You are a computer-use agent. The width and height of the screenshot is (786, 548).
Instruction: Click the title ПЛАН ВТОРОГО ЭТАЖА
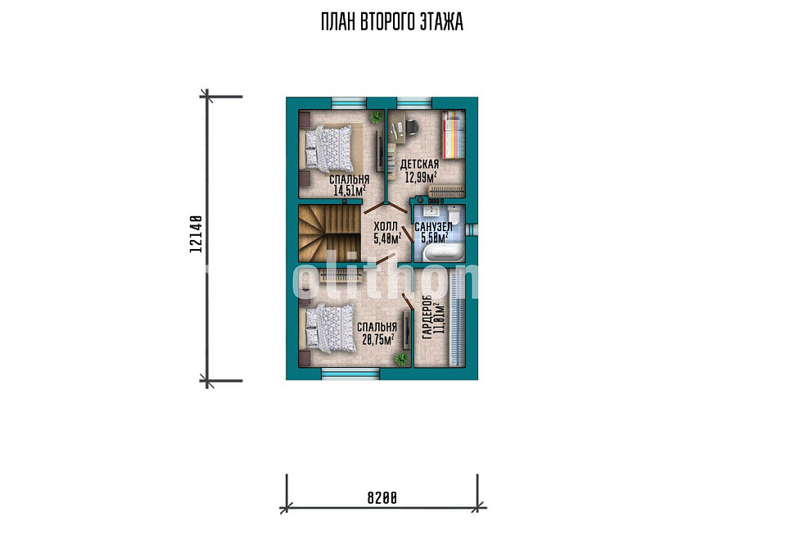tap(392, 22)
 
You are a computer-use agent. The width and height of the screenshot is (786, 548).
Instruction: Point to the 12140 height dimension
tap(196, 233)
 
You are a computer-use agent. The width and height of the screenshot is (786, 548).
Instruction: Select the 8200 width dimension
tap(382, 498)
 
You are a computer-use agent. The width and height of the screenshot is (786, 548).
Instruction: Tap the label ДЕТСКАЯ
tap(419, 165)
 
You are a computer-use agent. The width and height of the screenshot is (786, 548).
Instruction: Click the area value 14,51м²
tap(350, 190)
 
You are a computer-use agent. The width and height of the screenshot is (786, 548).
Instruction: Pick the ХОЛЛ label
tap(386, 227)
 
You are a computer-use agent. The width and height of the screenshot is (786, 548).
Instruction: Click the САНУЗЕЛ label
tap(433, 227)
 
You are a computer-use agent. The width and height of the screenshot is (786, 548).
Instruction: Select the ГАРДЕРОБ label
tap(427, 317)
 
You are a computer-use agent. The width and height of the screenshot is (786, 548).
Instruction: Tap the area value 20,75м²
tap(378, 339)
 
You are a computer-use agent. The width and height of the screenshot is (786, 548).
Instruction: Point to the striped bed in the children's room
tap(453, 135)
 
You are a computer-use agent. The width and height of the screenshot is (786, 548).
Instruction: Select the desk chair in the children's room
tap(410, 127)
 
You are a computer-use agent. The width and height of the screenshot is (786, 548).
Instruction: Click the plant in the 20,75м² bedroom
tap(400, 359)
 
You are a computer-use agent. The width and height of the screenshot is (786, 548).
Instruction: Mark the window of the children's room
tap(414, 102)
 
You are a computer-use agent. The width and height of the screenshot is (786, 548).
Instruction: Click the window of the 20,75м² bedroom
tap(350, 374)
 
